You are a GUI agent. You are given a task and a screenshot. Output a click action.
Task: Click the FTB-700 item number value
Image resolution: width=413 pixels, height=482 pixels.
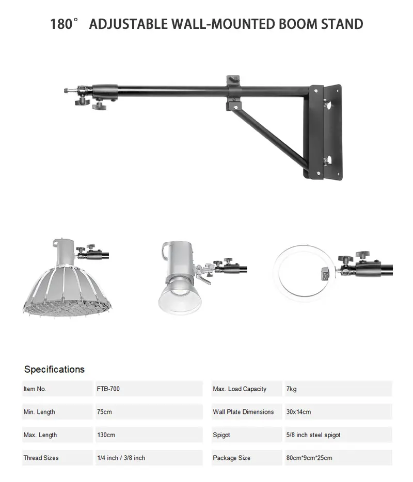click(108, 389)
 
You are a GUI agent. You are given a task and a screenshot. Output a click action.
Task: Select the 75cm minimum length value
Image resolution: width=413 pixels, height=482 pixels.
click(104, 412)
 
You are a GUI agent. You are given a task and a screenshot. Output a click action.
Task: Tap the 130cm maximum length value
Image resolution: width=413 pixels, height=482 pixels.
click(106, 435)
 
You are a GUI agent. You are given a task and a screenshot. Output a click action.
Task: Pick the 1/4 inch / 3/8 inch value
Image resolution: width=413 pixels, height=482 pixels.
click(121, 458)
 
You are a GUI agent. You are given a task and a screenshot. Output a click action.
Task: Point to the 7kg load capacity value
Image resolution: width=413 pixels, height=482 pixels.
click(291, 389)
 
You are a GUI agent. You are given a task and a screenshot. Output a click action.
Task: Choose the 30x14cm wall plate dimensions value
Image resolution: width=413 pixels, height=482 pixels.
click(298, 412)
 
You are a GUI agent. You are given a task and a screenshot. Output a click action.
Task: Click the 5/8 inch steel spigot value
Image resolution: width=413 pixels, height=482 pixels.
click(313, 435)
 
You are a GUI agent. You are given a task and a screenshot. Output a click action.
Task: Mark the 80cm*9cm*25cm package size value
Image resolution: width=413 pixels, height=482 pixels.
click(309, 458)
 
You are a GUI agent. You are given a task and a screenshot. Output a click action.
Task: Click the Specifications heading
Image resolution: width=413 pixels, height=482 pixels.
click(54, 369)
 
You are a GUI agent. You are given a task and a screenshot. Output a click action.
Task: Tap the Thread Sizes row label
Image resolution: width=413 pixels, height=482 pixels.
click(41, 458)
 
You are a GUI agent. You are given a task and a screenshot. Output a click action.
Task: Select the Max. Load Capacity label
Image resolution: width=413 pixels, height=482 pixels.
click(240, 389)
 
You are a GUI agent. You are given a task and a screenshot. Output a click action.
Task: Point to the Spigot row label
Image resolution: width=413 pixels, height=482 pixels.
click(221, 435)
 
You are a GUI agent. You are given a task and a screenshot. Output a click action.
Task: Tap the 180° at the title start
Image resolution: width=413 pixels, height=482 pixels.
click(64, 24)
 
